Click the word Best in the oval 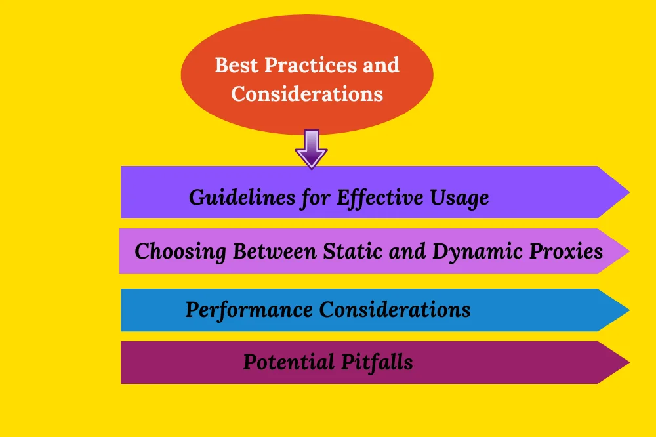click(x=236, y=66)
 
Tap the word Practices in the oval click(x=310, y=66)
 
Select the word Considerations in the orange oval click(x=307, y=94)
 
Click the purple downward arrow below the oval click(x=311, y=149)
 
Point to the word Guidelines click(x=242, y=197)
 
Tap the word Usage click(x=459, y=198)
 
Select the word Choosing click(x=180, y=251)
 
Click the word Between click(x=274, y=251)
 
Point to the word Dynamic click(x=478, y=251)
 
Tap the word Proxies click(x=566, y=251)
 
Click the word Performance click(x=249, y=310)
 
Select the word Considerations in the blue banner click(x=395, y=310)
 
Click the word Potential click(x=289, y=362)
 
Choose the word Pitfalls click(x=377, y=362)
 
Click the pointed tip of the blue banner click(x=629, y=310)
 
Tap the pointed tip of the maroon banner click(x=629, y=362)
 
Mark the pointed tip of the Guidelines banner click(x=629, y=192)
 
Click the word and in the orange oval click(x=381, y=66)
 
